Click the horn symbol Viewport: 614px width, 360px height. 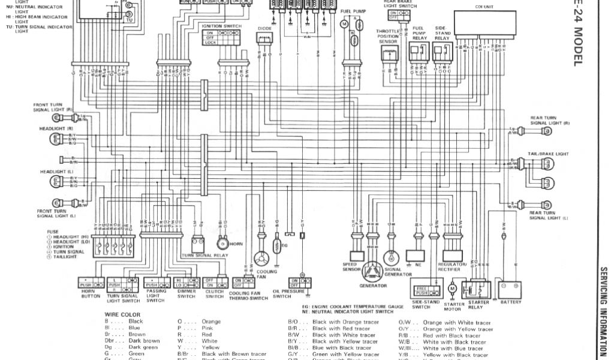click(x=222, y=244)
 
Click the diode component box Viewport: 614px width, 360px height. click(x=264, y=39)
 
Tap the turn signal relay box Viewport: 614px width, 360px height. click(x=200, y=244)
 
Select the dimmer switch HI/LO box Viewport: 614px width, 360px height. click(x=186, y=282)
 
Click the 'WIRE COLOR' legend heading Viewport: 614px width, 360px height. click(x=122, y=314)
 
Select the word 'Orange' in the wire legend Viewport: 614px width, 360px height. click(x=211, y=322)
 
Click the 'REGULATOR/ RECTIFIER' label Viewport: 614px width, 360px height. click(x=452, y=266)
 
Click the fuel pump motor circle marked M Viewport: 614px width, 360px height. click(x=344, y=23)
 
